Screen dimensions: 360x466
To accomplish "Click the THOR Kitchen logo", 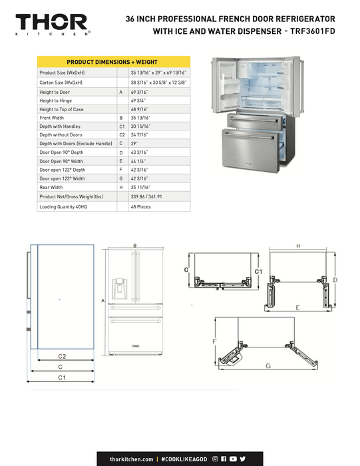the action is point(53,25).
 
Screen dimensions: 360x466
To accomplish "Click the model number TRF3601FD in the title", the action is point(313,31).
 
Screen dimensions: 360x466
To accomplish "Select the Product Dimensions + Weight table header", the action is point(114,62).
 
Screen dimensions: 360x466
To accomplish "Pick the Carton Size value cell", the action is point(158,83).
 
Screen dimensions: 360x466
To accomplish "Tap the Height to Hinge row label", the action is point(55,101).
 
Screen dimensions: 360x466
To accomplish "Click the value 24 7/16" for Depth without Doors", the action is point(139,135).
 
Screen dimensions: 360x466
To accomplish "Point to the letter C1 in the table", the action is point(122,126).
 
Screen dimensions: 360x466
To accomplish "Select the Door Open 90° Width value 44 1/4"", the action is point(138,161).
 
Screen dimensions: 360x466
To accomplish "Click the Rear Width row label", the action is point(51,188).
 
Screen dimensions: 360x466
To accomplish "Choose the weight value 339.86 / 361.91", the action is point(146,197).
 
